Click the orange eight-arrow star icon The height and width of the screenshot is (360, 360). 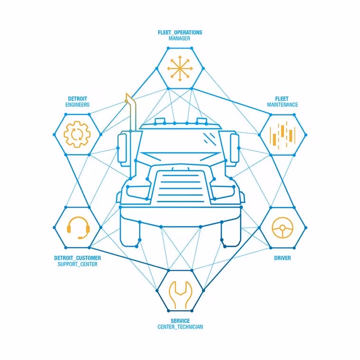[x=180, y=68]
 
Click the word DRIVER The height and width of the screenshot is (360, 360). [x=283, y=258]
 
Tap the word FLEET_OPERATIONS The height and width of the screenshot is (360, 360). [x=180, y=33]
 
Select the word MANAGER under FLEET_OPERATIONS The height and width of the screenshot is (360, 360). [x=180, y=38]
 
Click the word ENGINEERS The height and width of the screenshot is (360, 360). [x=77, y=104]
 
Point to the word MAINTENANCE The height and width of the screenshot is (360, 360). [x=283, y=104]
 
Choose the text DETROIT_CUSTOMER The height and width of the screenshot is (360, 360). [x=77, y=258]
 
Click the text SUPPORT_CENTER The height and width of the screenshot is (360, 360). [x=77, y=264]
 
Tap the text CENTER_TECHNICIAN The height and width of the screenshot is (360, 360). [x=180, y=327]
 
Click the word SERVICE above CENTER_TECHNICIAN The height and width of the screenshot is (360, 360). [x=180, y=321]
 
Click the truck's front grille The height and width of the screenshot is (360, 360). [x=180, y=187]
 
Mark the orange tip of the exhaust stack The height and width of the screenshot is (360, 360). [x=127, y=97]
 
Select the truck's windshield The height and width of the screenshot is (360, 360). [x=180, y=141]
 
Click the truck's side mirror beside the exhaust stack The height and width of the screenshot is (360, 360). [x=122, y=149]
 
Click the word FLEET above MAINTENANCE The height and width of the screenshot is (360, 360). [x=282, y=99]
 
